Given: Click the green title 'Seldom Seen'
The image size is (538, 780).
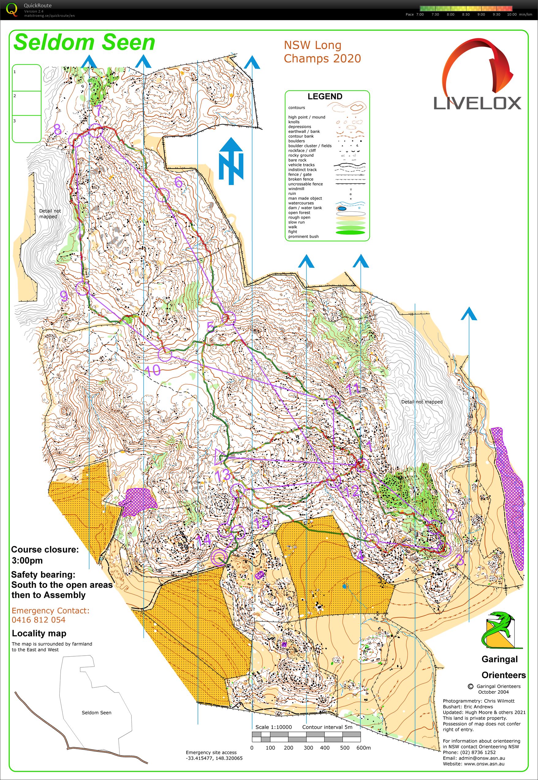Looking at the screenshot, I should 84,43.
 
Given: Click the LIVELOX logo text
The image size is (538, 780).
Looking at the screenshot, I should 477,103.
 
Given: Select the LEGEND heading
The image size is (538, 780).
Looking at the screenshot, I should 325,96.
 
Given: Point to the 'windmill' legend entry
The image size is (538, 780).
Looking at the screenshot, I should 296,189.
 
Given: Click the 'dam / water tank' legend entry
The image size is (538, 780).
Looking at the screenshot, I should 305,208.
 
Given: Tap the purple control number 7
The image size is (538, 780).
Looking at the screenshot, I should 97,110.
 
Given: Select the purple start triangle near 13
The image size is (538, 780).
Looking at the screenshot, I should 219,457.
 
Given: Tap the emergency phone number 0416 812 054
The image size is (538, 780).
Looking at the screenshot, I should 38,620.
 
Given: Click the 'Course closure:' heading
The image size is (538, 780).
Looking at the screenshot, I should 44,549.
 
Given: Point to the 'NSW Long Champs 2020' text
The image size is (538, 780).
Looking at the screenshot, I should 322,51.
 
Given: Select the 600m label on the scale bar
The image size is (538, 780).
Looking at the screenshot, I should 363,748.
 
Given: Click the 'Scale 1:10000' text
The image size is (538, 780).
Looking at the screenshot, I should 273,727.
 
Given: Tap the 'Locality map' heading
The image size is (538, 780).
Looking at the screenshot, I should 39,633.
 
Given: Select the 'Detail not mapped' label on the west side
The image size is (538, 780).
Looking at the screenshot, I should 50,214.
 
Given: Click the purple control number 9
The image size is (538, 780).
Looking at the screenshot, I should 64,296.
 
